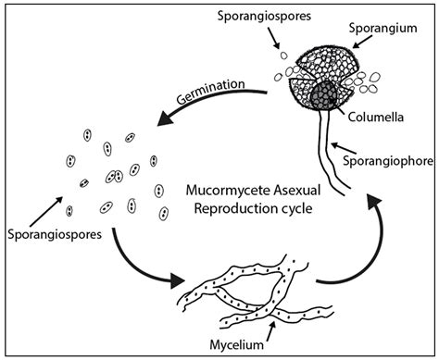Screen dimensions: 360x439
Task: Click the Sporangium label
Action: coord(381,29)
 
